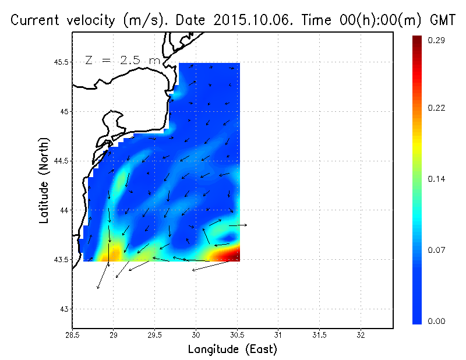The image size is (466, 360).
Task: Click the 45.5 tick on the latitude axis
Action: pos(61,62)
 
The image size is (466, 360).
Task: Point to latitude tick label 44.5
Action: pos(61,161)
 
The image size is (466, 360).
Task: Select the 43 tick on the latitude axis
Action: pos(64,309)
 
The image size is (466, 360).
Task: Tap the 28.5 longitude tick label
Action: pos(72,335)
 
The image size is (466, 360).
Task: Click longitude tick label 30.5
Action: pos(237,335)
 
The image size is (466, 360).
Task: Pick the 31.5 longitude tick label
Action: pos(319,335)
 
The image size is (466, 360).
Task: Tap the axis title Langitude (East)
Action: pos(232,350)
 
